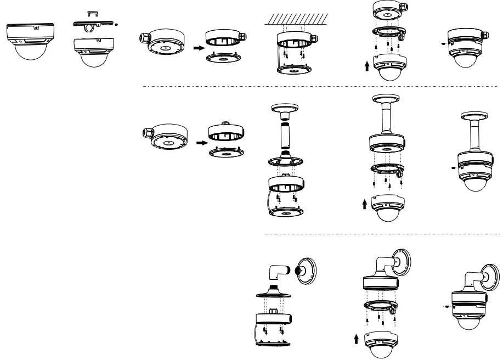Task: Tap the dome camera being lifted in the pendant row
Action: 387,210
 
